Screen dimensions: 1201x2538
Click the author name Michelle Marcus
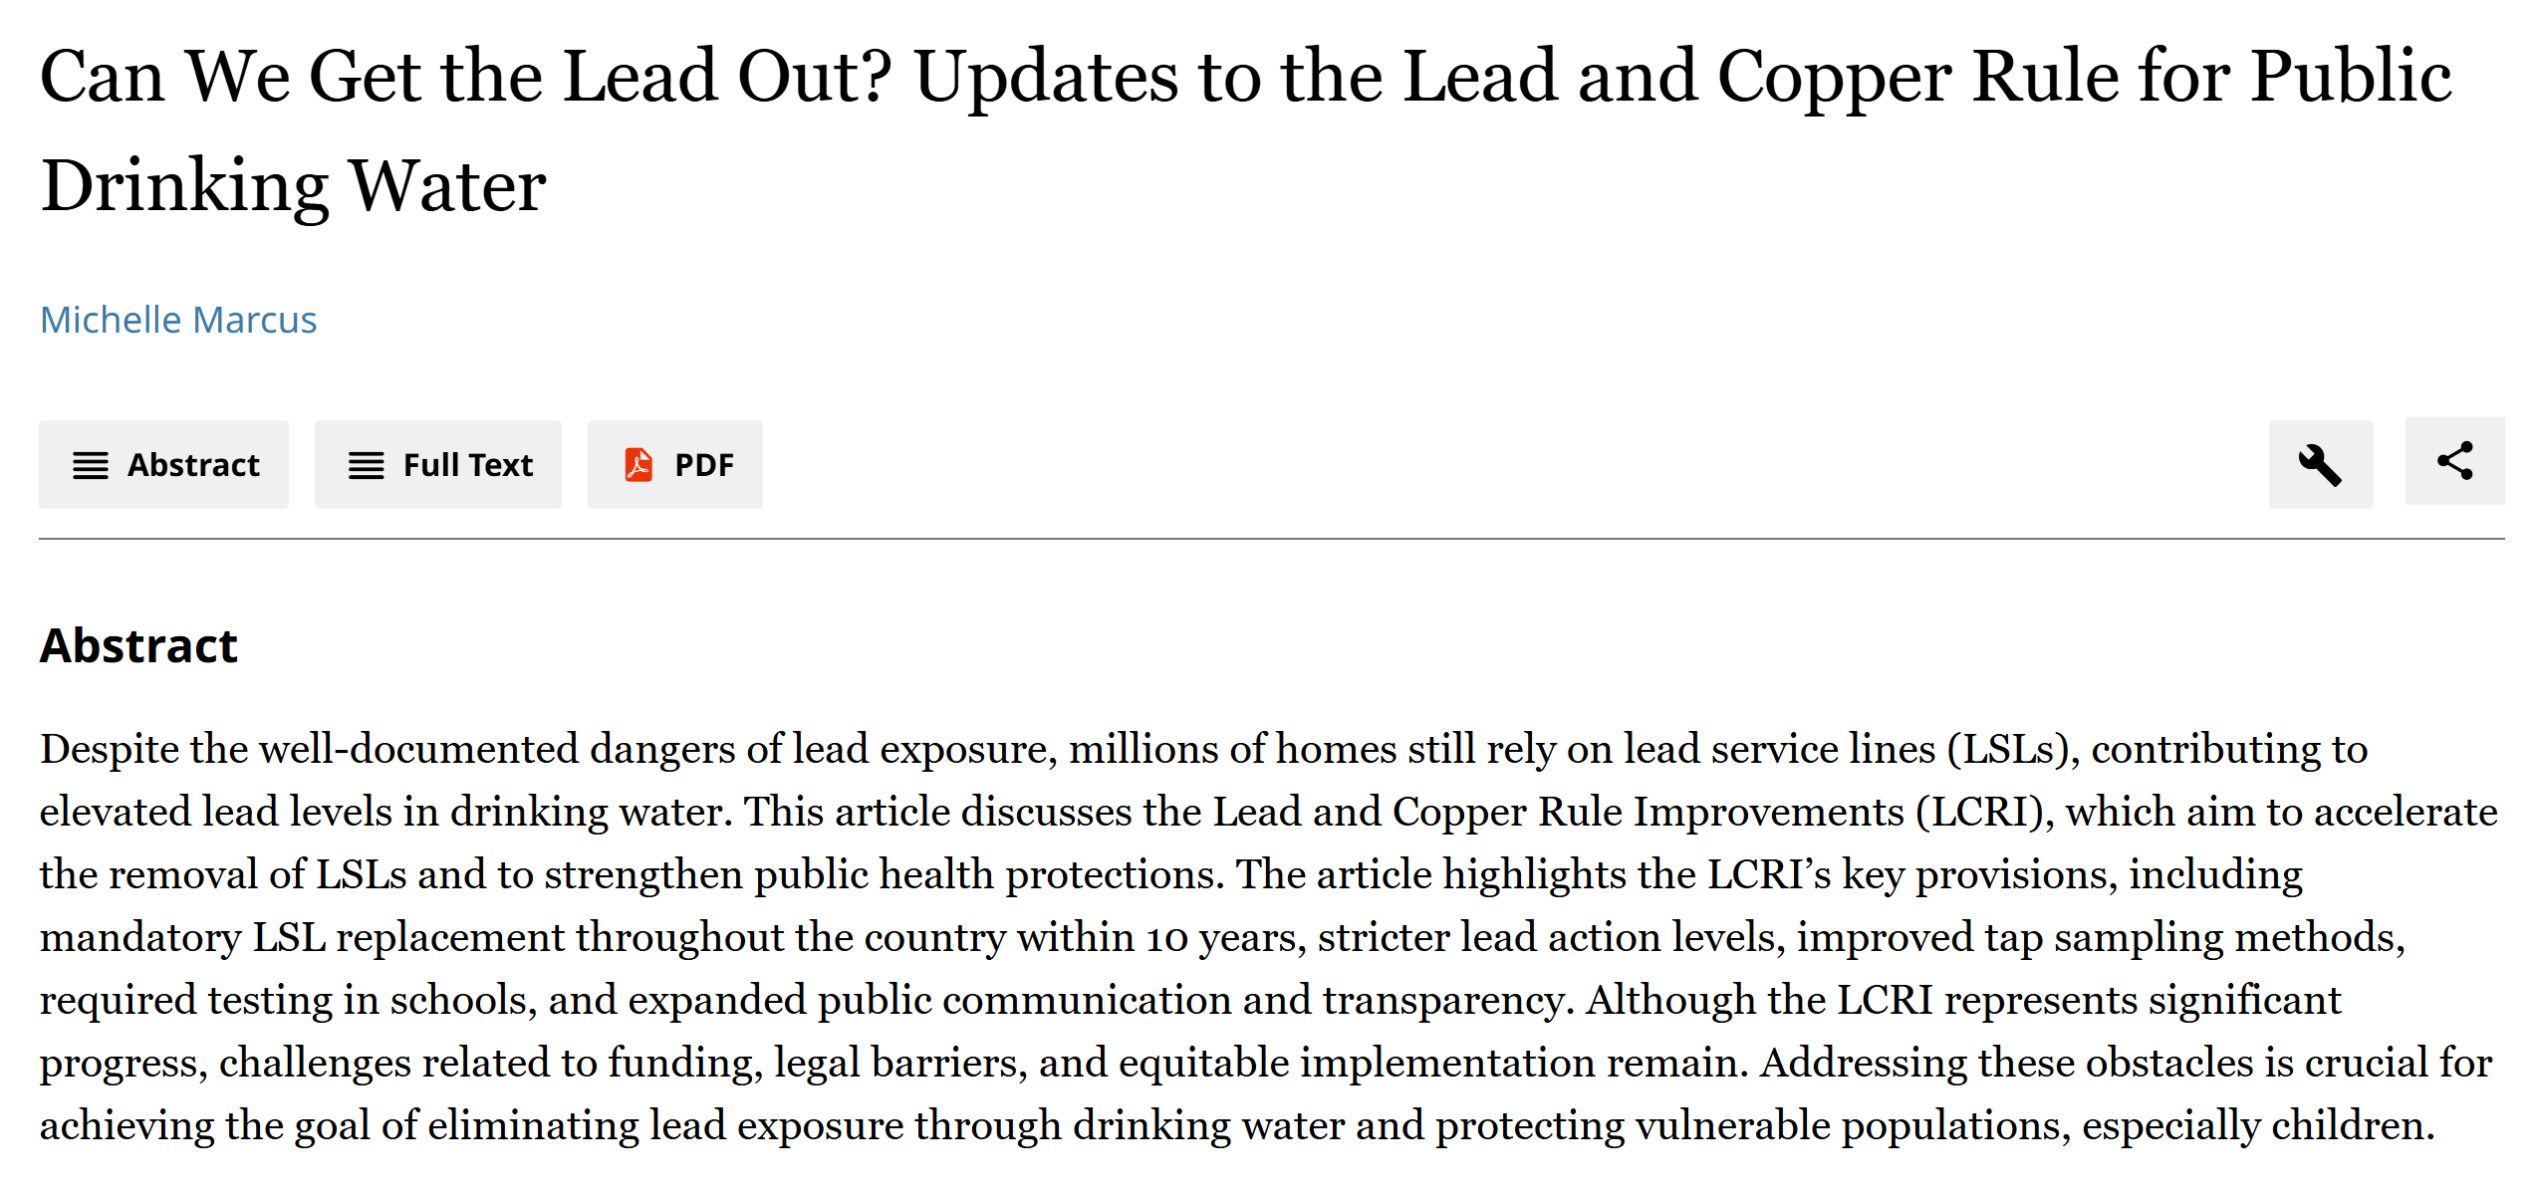tap(178, 320)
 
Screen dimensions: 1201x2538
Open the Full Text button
tap(438, 465)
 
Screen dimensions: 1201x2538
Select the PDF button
tap(675, 465)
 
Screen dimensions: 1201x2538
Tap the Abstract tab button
tap(164, 465)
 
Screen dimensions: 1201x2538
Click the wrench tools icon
tap(2320, 465)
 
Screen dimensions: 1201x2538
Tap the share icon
tap(2454, 461)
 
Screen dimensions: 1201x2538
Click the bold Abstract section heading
tap(138, 645)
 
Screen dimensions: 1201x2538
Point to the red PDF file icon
tap(638, 465)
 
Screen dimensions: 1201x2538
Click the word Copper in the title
tap(1834, 78)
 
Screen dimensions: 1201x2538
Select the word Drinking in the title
tap(185, 187)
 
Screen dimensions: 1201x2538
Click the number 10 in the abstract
tap(1166, 938)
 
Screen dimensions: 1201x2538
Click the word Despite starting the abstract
tap(110, 750)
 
